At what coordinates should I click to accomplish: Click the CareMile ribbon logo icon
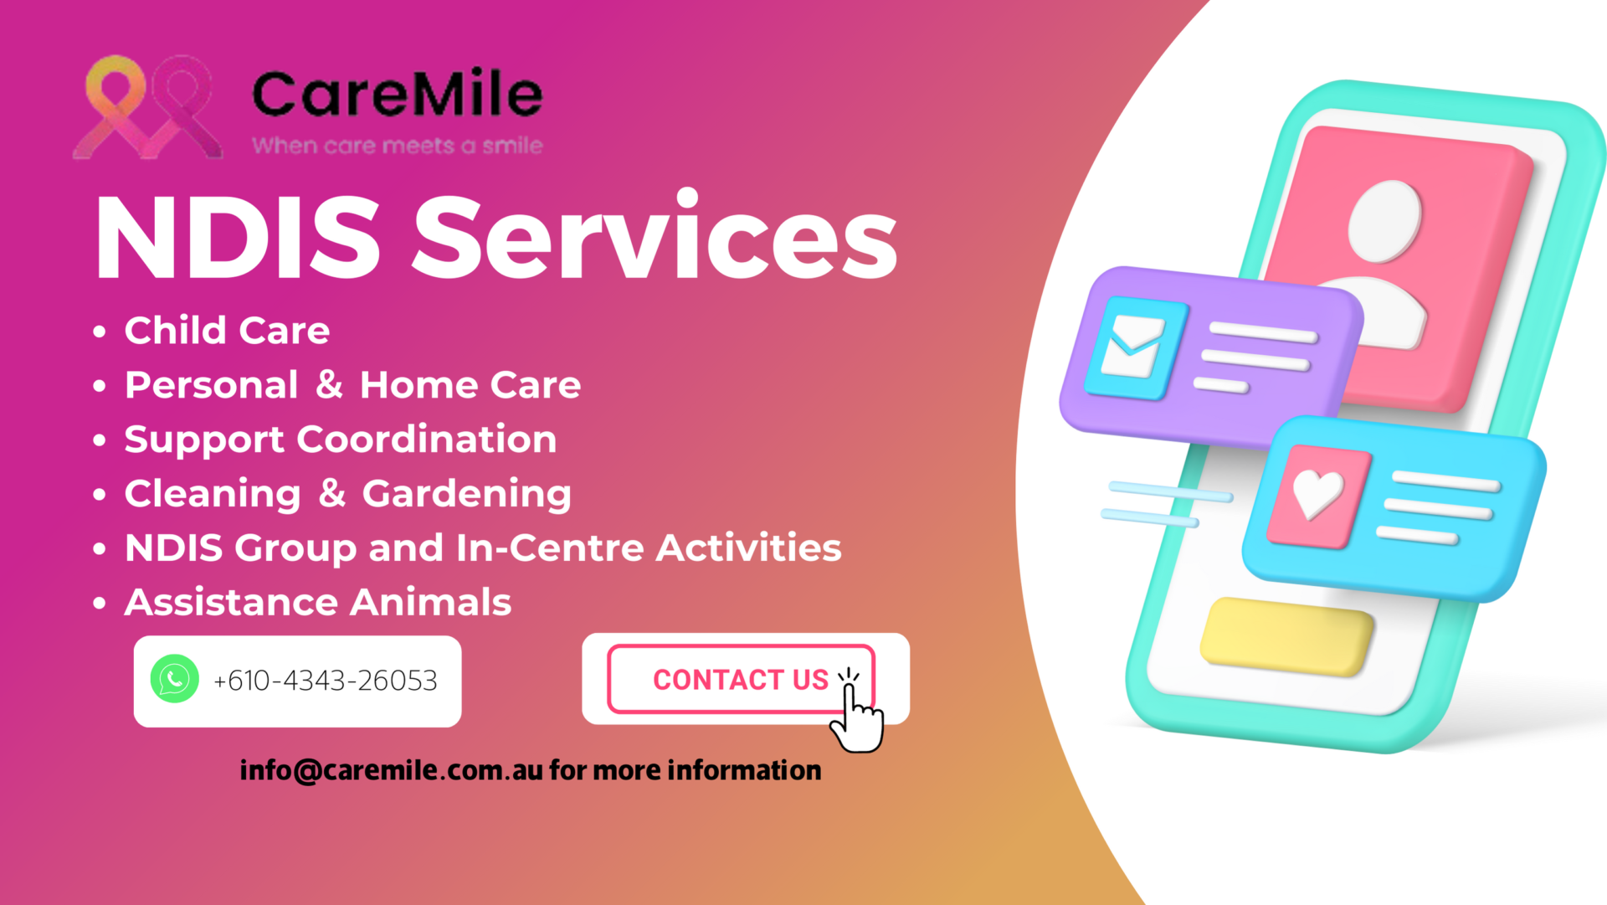pos(147,107)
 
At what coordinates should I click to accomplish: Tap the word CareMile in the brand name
pos(398,93)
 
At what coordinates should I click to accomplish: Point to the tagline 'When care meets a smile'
pos(398,146)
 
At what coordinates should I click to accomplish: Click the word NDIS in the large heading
pos(239,238)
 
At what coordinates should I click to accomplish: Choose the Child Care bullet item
pos(227,330)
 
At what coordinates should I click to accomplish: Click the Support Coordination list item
pos(341,440)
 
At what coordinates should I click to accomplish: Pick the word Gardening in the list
pos(467,495)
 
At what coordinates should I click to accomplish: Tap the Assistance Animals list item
pos(318,602)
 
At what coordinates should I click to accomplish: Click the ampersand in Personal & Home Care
pos(330,384)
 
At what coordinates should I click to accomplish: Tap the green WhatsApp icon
pos(174,678)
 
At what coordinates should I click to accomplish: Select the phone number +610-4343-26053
pos(325,681)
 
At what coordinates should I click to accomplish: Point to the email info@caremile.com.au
pos(392,770)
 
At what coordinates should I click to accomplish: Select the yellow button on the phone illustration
pos(1286,637)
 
